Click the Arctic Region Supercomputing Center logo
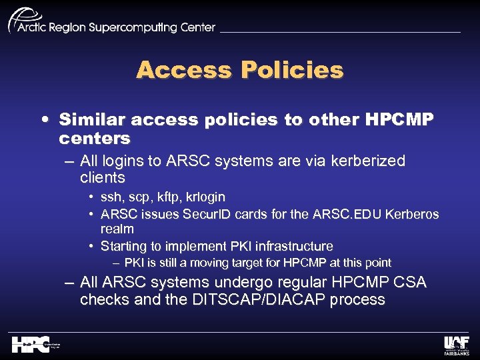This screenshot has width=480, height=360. pyautogui.click(x=110, y=22)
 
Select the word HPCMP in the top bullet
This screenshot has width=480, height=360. pyautogui.click(x=399, y=120)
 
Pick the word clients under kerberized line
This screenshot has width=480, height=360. pyautogui.click(x=103, y=177)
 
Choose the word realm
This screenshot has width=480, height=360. pyautogui.click(x=117, y=229)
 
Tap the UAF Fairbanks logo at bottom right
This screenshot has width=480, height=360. pyautogui.click(x=457, y=344)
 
